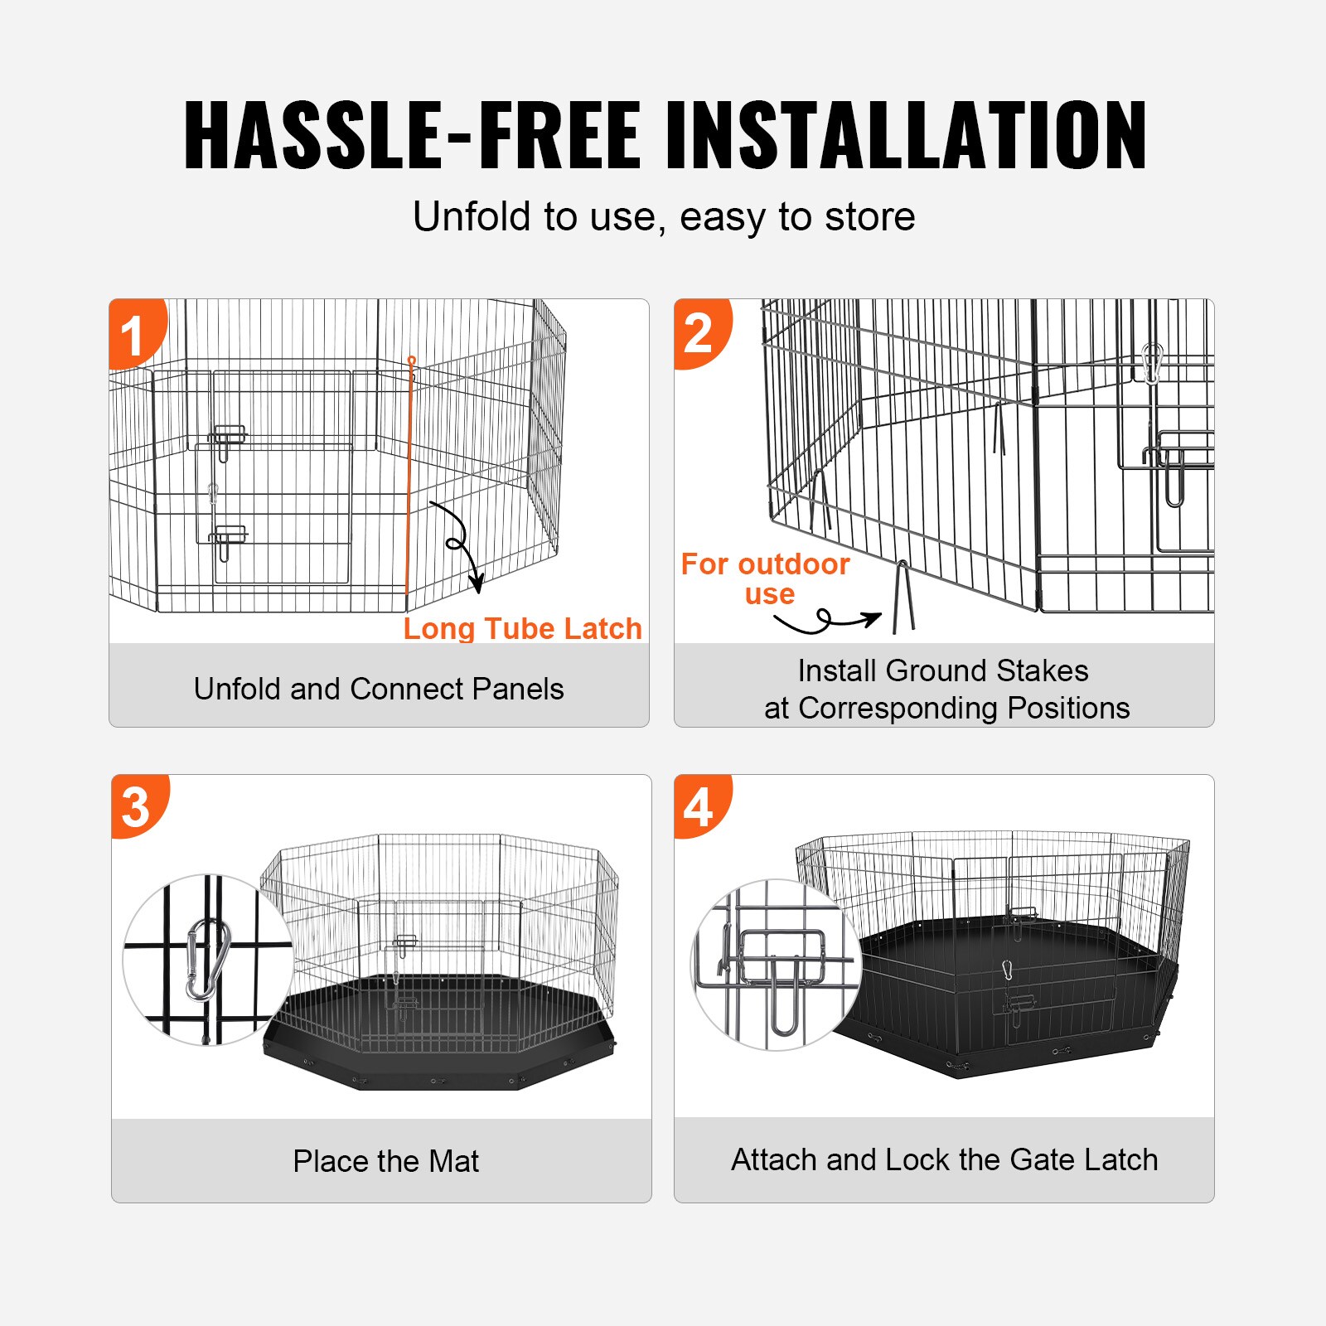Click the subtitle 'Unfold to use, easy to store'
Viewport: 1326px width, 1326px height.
(x=664, y=217)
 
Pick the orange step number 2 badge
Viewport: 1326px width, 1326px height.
(x=700, y=332)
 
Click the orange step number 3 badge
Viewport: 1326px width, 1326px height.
(x=137, y=806)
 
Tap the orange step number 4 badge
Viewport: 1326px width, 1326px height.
(x=700, y=806)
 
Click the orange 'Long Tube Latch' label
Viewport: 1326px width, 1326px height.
(x=522, y=628)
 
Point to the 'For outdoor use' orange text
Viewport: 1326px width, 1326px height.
(x=765, y=578)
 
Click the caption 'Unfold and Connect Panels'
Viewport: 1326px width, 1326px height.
(x=379, y=689)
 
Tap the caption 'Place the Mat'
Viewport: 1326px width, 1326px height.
(x=385, y=1161)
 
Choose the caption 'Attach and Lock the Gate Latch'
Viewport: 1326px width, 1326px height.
(x=944, y=1159)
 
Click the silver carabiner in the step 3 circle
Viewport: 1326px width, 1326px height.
(x=207, y=960)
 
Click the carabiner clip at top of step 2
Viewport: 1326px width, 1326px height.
(x=1152, y=363)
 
